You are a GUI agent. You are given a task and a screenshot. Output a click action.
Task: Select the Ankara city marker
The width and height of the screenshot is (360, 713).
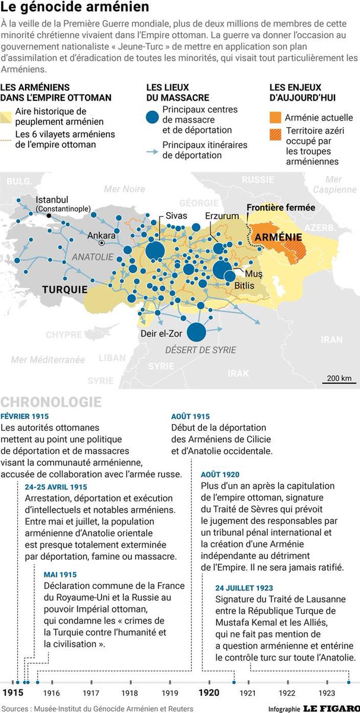click(102, 243)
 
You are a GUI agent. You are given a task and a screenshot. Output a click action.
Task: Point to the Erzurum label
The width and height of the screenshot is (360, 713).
click(222, 216)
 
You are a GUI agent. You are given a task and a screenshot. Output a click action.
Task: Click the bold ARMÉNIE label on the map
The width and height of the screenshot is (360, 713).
click(275, 236)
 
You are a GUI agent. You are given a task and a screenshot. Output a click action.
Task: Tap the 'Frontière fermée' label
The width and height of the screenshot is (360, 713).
click(281, 207)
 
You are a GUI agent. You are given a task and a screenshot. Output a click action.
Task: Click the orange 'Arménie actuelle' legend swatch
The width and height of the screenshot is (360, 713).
click(276, 118)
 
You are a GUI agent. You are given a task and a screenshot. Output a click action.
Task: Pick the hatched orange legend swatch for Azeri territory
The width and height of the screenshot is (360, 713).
click(276, 134)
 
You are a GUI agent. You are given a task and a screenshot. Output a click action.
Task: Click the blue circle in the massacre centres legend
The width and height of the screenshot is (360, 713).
click(154, 116)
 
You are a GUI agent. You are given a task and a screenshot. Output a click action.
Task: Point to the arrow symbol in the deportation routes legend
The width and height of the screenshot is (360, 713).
click(153, 151)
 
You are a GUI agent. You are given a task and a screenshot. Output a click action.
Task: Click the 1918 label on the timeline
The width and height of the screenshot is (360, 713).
click(130, 693)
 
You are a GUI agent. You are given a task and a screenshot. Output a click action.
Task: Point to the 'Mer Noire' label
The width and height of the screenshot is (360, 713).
click(125, 189)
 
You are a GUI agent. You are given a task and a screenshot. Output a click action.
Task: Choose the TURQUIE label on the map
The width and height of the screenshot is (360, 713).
click(64, 290)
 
